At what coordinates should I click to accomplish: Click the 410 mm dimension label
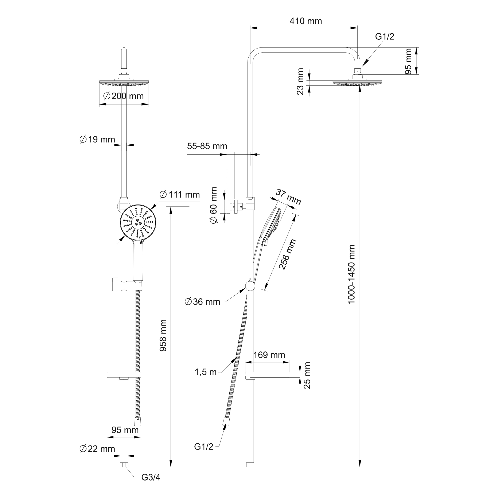(306, 21)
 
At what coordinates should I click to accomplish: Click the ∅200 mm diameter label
(124, 96)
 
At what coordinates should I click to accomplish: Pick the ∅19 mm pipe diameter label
(97, 139)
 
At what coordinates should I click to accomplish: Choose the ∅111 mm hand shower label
(180, 194)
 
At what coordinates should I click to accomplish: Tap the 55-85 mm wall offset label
(207, 146)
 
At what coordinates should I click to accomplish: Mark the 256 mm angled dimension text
(288, 254)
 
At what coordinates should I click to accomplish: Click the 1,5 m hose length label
(205, 372)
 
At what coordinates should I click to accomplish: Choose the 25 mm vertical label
(307, 375)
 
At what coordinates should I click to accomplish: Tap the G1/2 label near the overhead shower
(385, 37)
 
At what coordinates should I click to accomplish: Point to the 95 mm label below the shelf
(125, 430)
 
